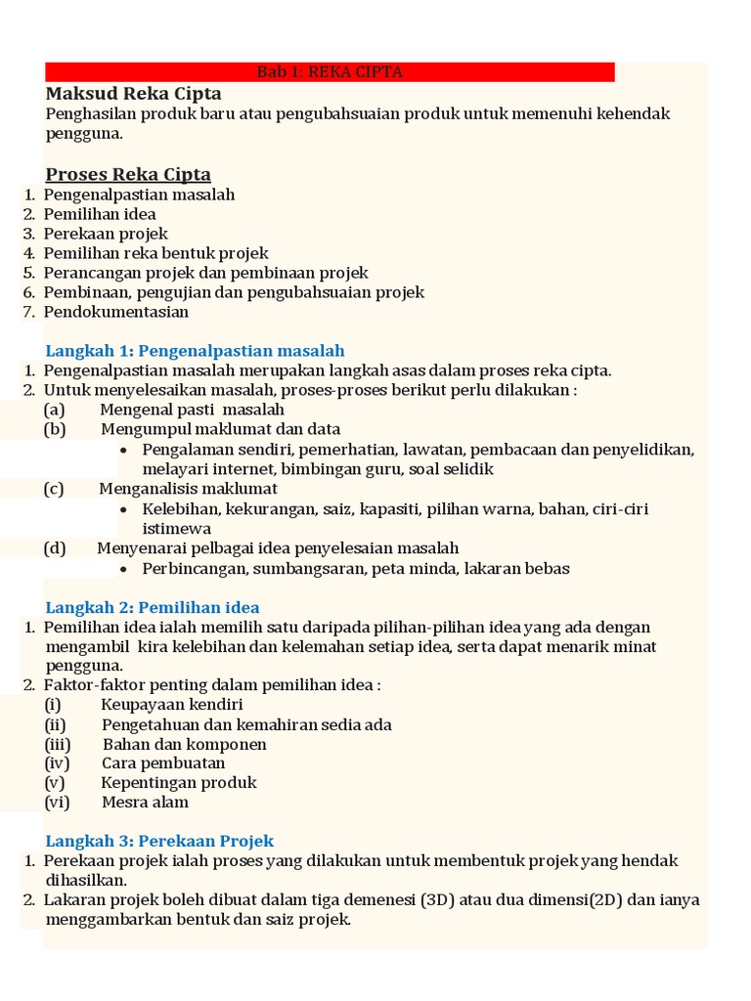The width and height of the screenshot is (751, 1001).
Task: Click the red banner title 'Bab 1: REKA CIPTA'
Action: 330,72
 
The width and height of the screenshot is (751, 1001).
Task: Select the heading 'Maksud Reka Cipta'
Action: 133,94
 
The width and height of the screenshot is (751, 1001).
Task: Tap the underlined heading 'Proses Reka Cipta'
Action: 128,174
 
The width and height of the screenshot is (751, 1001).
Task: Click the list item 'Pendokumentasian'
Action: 116,312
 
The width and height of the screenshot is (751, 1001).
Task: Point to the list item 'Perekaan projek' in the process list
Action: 106,234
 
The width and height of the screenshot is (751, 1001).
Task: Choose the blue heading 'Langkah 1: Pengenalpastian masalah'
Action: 196,350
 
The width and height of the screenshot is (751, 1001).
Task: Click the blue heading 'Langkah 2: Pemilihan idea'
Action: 153,607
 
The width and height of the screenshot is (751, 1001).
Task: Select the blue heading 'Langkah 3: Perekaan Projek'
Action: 160,841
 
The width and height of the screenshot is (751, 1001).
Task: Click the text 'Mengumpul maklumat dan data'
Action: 220,429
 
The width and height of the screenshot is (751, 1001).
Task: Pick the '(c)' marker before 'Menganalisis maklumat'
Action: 54,489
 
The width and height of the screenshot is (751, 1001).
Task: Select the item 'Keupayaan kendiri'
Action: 172,705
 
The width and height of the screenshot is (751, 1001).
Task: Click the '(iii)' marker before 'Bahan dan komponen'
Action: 58,744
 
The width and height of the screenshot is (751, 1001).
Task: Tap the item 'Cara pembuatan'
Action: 163,762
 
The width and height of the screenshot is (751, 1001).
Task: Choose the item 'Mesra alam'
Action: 146,802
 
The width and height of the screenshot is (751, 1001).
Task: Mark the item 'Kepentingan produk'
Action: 179,782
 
